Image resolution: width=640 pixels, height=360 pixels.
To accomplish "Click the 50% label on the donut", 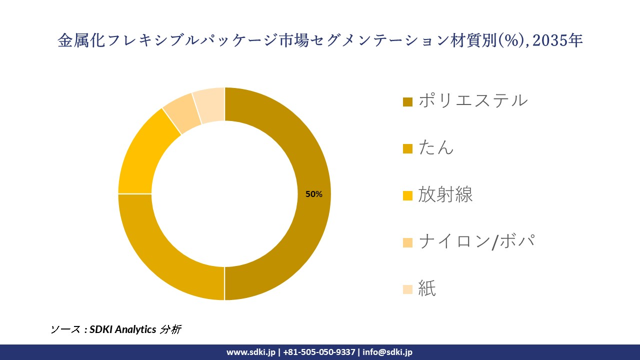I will point(314,194).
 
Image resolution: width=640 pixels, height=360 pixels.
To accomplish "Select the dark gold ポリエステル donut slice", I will point(300,150).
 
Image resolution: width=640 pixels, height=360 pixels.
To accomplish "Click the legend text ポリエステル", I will point(472,100).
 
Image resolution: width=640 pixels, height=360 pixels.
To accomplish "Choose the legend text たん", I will point(436,147).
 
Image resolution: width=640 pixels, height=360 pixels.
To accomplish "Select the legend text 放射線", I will point(445,194).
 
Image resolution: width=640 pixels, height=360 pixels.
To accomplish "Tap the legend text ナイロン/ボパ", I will point(476,241).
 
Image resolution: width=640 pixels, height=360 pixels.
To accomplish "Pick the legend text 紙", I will point(427,288).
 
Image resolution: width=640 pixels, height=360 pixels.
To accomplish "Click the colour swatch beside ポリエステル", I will point(407,102).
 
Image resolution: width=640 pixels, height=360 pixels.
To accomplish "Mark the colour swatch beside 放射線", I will point(407,196).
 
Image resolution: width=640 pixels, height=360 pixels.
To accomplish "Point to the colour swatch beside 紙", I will point(407,289).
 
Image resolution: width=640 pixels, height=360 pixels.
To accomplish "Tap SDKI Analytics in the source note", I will point(122,329).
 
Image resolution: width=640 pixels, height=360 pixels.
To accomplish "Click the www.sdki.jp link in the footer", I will point(250,352).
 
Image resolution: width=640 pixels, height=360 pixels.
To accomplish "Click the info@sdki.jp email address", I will point(387,352).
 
